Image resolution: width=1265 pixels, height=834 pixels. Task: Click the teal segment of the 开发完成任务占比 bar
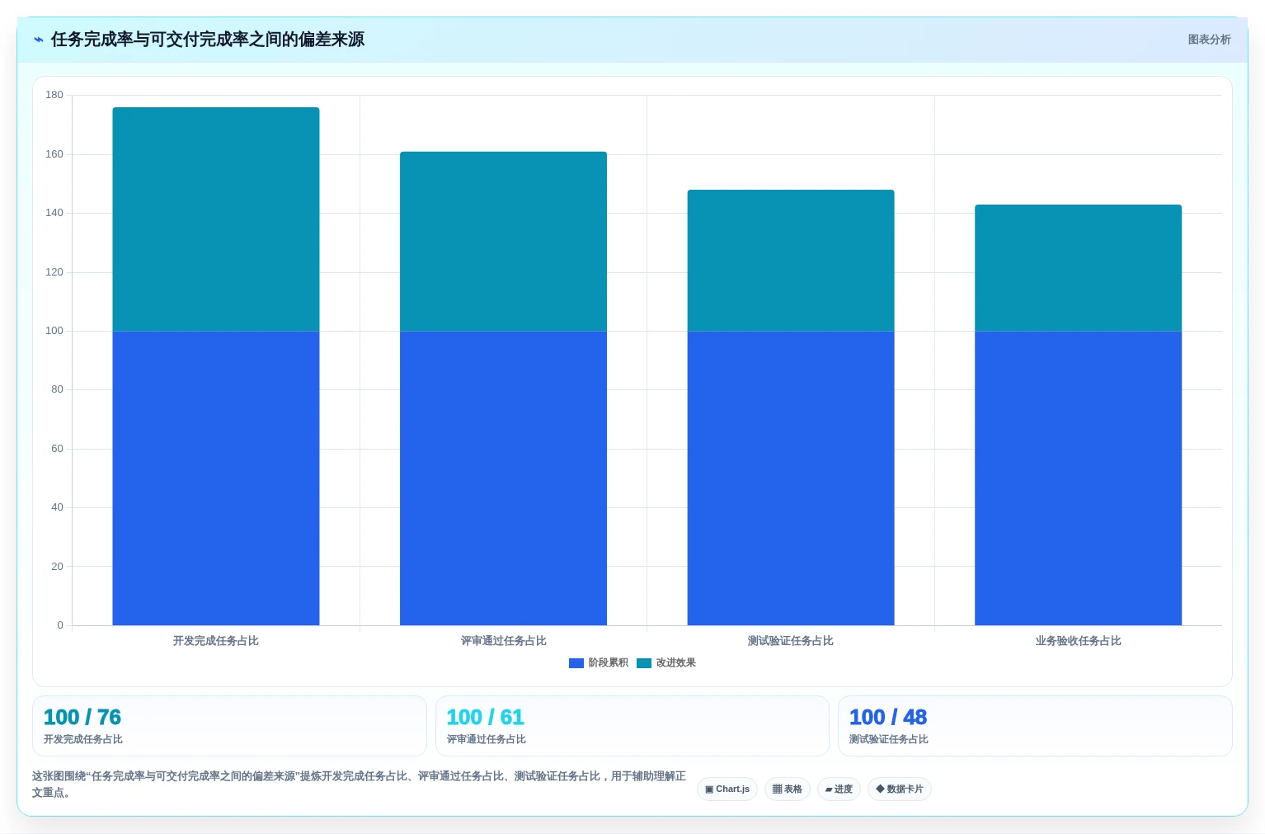pos(216,219)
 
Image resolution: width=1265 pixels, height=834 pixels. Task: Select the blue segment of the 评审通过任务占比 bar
pos(503,478)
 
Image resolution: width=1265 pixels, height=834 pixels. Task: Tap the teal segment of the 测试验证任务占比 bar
pos(791,261)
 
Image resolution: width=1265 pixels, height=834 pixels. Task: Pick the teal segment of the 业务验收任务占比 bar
pos(1078,268)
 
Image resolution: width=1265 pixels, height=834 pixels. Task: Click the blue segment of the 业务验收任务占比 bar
pos(1078,478)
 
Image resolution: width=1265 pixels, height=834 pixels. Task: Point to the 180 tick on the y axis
pos(54,95)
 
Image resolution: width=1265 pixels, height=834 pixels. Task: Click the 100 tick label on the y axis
pos(54,331)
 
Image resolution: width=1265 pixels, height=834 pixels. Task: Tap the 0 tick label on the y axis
pos(60,625)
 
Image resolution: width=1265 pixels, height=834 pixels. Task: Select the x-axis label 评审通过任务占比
pos(503,641)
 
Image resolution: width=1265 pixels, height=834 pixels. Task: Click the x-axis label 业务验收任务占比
pos(1078,641)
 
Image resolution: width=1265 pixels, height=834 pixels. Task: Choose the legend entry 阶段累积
pos(599,662)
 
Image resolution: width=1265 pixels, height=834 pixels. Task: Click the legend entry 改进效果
pos(666,662)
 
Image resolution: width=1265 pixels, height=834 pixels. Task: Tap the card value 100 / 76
pos(82,717)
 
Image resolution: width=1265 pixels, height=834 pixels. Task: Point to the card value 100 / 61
pos(486,717)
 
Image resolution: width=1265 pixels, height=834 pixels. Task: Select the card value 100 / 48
pos(888,717)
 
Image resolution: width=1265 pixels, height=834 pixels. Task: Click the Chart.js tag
pos(727,789)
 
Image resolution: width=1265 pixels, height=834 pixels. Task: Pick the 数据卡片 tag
pos(900,789)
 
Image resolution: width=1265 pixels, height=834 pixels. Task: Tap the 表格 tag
pos(788,789)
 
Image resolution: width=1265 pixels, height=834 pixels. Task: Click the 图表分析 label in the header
pos(1209,40)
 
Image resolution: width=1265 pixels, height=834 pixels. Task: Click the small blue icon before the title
pos(39,40)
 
